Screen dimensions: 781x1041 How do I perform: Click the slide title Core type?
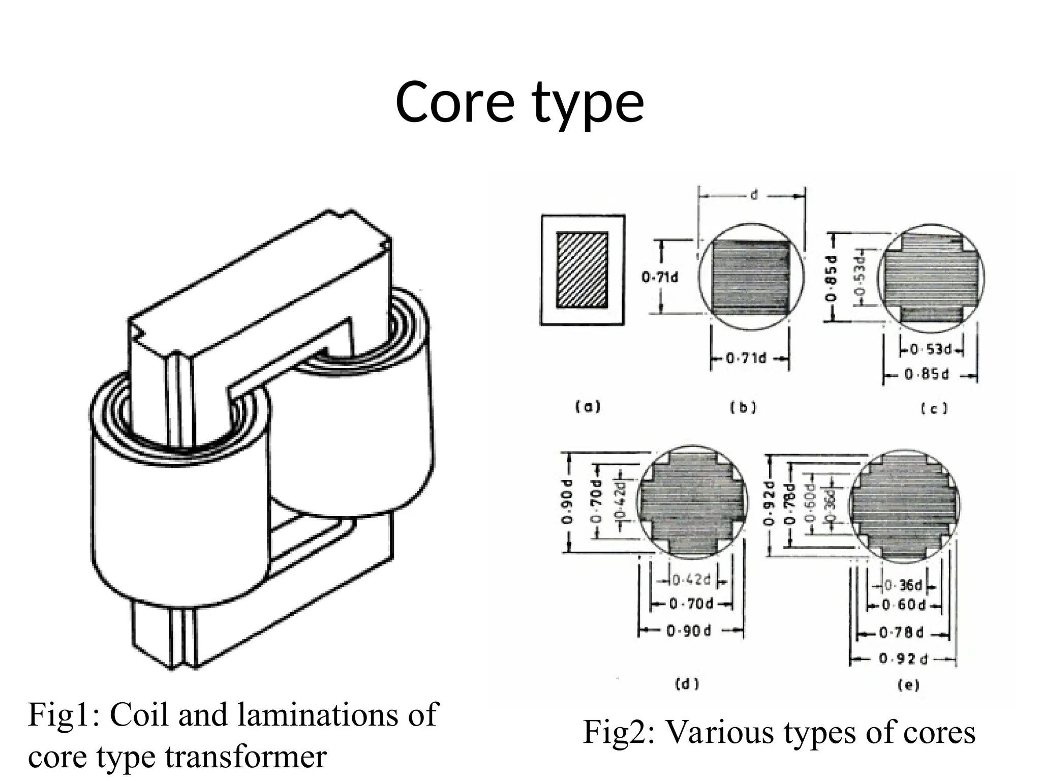(x=519, y=103)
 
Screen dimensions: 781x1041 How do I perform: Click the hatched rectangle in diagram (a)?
(x=583, y=270)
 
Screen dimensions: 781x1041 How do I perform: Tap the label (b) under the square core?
(x=743, y=408)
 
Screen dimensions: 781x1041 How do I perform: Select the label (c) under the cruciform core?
(x=934, y=409)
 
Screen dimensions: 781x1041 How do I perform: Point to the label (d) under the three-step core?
(x=687, y=684)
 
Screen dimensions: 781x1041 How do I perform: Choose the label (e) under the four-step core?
(x=908, y=685)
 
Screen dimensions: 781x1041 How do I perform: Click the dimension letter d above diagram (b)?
(x=754, y=195)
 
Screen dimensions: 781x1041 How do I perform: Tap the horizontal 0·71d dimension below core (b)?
(x=746, y=358)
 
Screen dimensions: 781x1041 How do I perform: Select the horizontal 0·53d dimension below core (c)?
(x=930, y=349)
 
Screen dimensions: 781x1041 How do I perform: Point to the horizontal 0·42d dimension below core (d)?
(x=691, y=580)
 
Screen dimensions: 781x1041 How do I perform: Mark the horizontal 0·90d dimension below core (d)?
(x=689, y=631)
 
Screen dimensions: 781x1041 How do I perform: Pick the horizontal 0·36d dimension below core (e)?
(x=903, y=585)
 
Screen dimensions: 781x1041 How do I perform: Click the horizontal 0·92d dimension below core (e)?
(x=903, y=659)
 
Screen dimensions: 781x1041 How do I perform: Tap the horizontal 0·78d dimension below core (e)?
(x=901, y=633)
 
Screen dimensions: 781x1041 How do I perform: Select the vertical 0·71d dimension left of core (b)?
(x=660, y=278)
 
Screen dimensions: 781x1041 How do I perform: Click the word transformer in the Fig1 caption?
(x=246, y=757)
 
